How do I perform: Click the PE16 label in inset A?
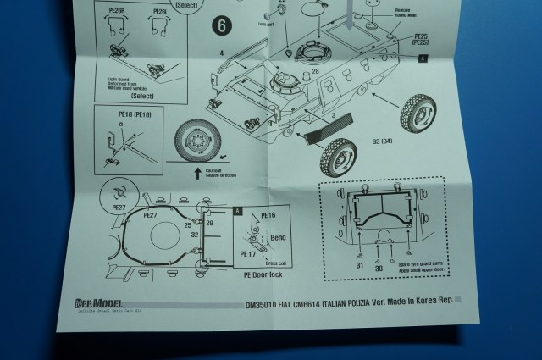268,216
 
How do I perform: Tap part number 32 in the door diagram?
196,234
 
